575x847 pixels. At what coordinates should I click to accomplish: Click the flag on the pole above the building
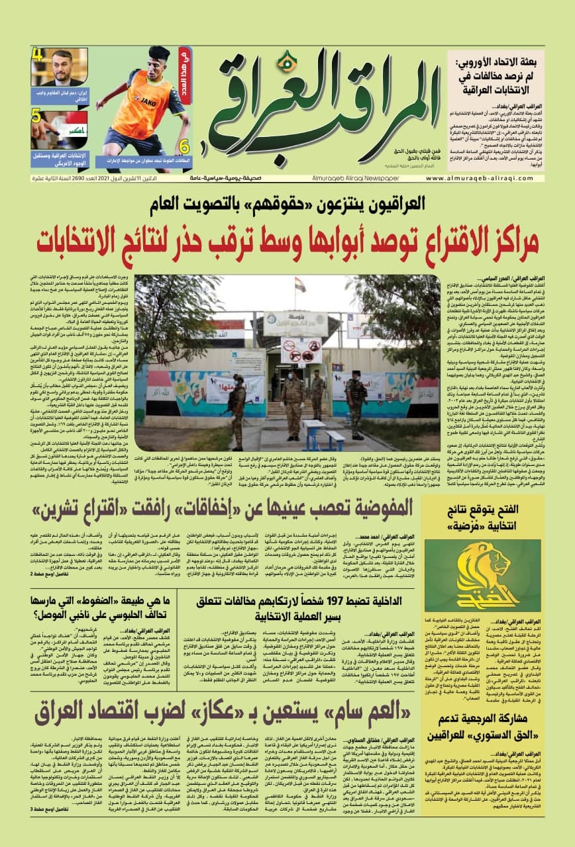click(300, 285)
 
